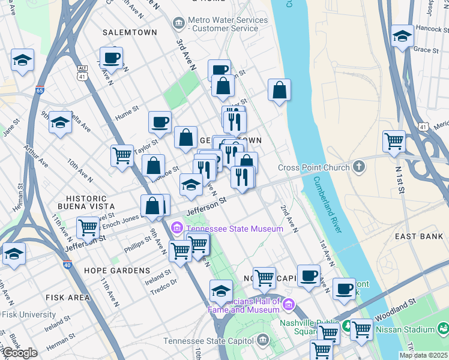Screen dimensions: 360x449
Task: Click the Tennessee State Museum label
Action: tap(234, 229)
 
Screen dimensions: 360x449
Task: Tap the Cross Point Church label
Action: tap(314, 167)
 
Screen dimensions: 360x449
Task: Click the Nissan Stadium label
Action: tap(405, 329)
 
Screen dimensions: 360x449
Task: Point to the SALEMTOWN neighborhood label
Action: tap(130, 32)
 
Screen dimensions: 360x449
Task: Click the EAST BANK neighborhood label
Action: tap(419, 237)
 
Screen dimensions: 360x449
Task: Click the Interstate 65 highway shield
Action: tap(40, 91)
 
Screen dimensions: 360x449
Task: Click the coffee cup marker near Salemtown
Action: tap(111, 58)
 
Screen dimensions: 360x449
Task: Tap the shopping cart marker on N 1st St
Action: tap(394, 142)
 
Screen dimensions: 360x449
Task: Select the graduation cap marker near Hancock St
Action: tap(402, 35)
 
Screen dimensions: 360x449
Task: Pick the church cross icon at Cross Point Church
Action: tap(359, 167)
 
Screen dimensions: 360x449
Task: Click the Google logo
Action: tap(20, 353)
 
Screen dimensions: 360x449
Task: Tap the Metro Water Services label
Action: tap(228, 24)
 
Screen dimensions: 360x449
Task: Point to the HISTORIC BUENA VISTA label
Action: tap(86, 202)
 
